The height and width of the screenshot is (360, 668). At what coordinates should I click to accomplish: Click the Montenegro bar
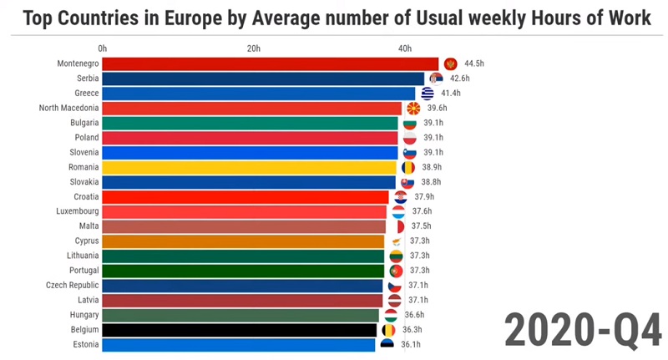coord(270,64)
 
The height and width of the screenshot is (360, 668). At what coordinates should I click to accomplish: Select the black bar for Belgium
coord(240,330)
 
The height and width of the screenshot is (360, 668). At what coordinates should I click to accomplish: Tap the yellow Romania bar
coord(249,167)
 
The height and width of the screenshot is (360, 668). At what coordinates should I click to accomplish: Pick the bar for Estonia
coord(239,345)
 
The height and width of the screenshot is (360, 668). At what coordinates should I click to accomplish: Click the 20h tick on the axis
coord(254,48)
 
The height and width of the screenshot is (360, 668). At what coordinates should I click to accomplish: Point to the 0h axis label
coord(102,48)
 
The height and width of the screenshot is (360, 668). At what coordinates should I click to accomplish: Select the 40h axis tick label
coord(405,48)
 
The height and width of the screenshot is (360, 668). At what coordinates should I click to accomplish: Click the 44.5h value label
coord(474,63)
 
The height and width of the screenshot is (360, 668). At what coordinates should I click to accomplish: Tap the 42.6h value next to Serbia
coord(460,79)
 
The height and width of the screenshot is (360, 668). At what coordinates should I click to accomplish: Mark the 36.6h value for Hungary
coord(414,315)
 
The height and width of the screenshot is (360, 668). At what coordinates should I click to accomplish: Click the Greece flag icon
coord(428,94)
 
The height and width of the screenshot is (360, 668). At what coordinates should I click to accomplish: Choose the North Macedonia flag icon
coord(413,109)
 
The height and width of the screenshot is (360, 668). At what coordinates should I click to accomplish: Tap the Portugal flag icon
coord(396,271)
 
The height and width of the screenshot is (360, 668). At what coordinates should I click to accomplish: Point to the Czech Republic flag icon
coord(395,286)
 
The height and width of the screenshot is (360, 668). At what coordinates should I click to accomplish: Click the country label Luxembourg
coord(78,211)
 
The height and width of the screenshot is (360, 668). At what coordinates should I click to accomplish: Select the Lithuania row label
coord(83,256)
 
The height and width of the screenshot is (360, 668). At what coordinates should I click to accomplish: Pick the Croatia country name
coord(86,196)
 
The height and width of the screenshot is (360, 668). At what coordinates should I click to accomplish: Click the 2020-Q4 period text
coord(583,331)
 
